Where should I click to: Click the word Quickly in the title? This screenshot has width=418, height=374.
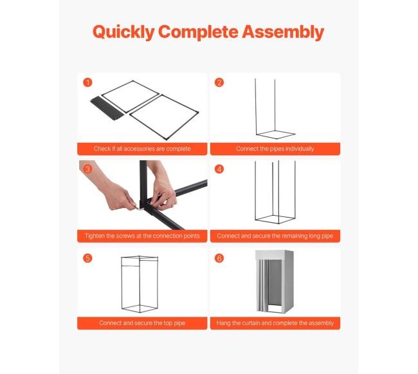pos(123,32)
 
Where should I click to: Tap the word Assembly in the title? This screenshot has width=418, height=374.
pos(283,32)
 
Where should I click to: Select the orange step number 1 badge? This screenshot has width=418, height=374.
pos(87,82)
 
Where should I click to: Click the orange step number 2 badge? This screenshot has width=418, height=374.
pos(219,82)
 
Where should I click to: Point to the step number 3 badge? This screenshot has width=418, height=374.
pos(87,169)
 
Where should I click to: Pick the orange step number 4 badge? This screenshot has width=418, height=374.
pos(219,169)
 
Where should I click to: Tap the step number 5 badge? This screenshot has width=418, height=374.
pos(87,258)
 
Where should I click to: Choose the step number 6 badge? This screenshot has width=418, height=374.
pos(219,258)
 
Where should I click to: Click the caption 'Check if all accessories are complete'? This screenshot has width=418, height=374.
pos(142,149)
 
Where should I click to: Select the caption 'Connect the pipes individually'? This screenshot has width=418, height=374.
pos(275,149)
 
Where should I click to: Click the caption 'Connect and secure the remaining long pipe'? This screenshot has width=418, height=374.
pos(275,236)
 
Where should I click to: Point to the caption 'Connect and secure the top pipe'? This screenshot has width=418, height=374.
pos(142,323)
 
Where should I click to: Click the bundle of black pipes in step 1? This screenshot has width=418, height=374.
pos(107,108)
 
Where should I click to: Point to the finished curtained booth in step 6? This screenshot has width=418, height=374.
pos(275,282)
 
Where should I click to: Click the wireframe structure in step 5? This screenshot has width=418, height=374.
pos(122,283)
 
